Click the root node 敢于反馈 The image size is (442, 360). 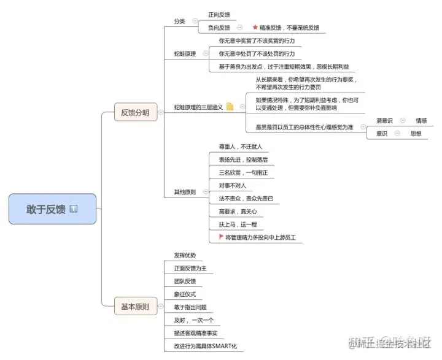(46, 209)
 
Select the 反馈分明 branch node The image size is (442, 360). (134, 113)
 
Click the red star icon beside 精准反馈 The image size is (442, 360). (255, 28)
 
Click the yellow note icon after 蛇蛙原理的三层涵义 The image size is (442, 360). (230, 107)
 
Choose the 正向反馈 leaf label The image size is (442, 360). (220, 15)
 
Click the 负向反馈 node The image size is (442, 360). (219, 28)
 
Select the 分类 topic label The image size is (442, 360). (179, 21)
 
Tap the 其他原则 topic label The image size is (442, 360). (184, 192)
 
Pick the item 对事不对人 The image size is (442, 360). (232, 185)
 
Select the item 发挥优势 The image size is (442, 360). (185, 255)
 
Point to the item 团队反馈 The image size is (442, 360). (185, 281)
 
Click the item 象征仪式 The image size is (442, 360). (185, 294)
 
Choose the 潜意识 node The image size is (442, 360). (385, 121)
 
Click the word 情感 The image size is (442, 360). (421, 121)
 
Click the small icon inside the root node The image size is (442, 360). (74, 209)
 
